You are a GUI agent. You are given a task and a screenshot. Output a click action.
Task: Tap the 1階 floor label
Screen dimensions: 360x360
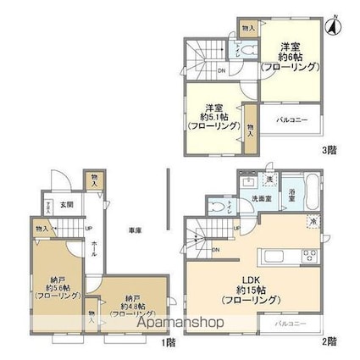(x=168, y=342)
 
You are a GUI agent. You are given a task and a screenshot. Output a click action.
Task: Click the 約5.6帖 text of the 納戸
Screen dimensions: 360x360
(x=58, y=285)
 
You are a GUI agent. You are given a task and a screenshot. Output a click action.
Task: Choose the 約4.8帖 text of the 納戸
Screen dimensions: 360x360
(x=129, y=309)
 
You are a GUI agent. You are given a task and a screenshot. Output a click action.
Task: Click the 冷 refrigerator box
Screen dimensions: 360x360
(x=313, y=223)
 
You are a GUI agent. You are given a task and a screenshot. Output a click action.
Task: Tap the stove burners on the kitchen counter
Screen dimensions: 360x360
(x=310, y=258)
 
